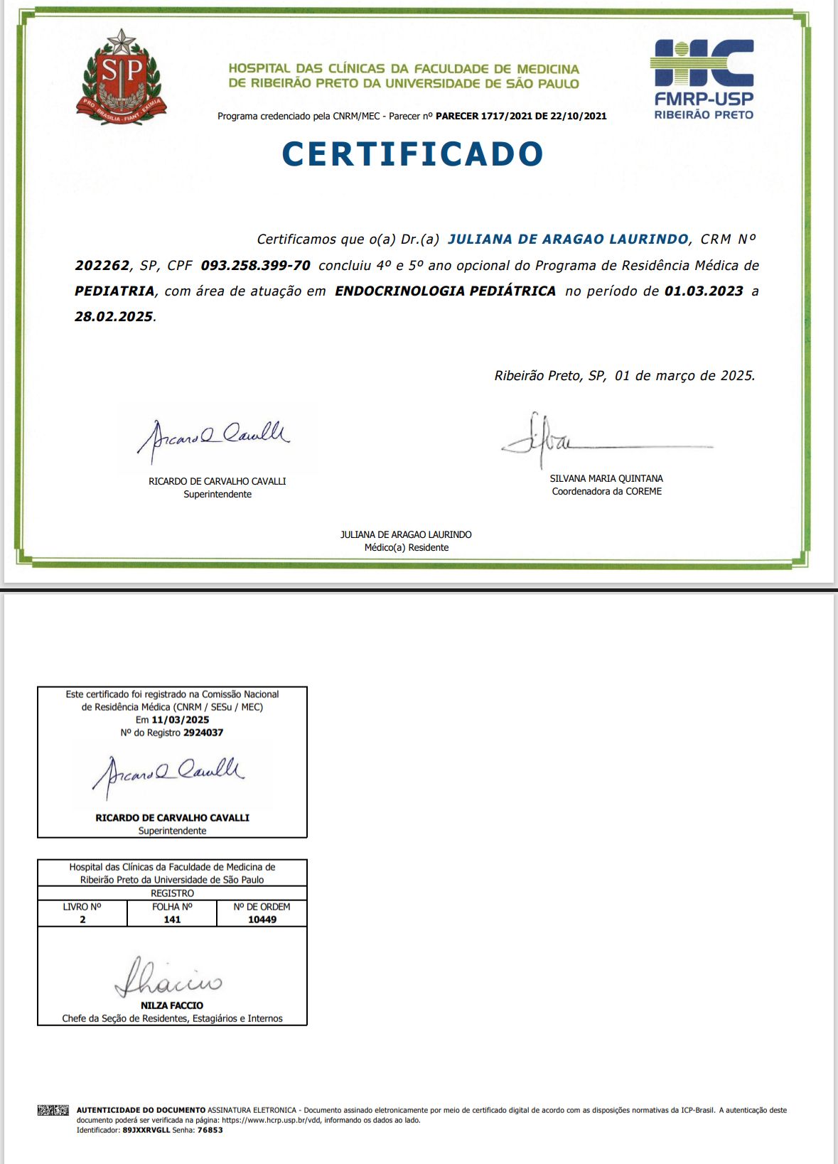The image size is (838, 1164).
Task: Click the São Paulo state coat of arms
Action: click(x=122, y=78)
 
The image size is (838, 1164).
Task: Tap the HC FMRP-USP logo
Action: click(x=702, y=79)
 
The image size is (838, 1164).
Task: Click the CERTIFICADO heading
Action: click(x=412, y=154)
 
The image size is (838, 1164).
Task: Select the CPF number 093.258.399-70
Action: click(x=255, y=266)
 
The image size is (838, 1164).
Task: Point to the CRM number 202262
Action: click(x=102, y=266)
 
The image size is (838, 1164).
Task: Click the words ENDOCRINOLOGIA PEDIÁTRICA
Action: click(x=445, y=291)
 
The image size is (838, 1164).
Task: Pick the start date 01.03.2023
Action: click(x=704, y=291)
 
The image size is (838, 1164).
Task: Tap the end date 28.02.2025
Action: click(x=114, y=317)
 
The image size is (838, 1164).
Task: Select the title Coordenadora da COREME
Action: click(x=606, y=492)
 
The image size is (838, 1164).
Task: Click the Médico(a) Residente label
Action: click(x=406, y=548)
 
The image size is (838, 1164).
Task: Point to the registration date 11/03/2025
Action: click(x=180, y=720)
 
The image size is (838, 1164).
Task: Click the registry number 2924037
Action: click(x=203, y=733)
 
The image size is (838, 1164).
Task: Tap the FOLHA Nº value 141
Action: click(x=172, y=920)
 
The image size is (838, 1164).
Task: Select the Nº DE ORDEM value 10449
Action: click(x=262, y=920)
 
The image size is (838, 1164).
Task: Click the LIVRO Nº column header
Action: click(x=82, y=907)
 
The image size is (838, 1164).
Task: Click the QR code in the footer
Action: click(x=53, y=1110)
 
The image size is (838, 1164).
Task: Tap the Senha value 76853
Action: click(x=210, y=1130)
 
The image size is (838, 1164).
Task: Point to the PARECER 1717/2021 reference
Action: click(x=521, y=116)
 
